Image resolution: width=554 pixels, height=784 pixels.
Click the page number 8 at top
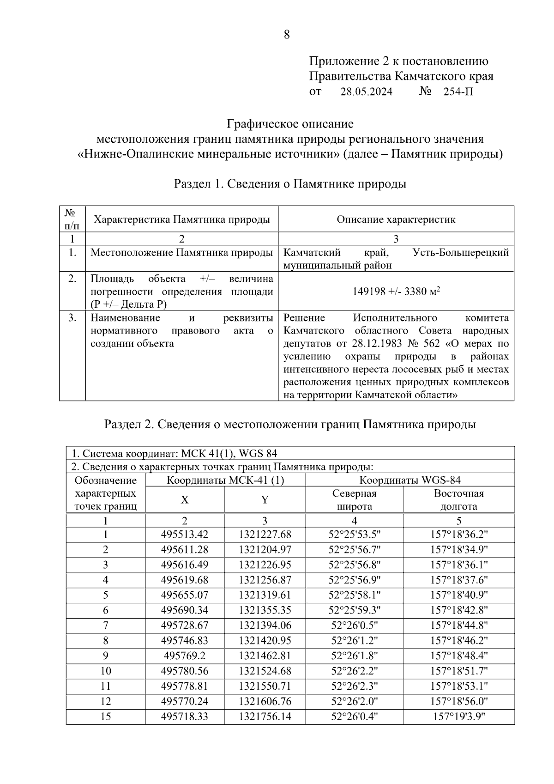(287, 35)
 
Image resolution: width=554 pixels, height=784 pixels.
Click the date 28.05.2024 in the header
(366, 91)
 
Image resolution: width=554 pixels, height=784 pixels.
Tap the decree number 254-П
(458, 91)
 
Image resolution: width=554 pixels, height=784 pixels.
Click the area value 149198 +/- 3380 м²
(396, 292)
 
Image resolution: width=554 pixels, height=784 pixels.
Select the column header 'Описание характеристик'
(396, 219)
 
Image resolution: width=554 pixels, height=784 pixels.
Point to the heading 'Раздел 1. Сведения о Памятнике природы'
(289, 184)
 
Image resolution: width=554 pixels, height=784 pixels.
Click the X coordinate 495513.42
(185, 535)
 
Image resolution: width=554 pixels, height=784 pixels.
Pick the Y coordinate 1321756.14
(265, 717)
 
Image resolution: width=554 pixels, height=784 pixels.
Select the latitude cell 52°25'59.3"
(354, 610)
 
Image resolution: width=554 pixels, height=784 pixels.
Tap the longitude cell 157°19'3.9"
(459, 717)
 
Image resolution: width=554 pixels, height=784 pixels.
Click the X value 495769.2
(185, 656)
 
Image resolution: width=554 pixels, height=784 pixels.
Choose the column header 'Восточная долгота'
(458, 500)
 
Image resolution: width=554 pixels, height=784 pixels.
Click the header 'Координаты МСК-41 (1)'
(225, 480)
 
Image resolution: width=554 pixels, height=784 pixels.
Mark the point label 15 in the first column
(106, 717)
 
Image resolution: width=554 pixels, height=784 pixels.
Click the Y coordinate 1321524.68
(265, 671)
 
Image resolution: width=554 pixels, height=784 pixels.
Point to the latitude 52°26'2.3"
(354, 686)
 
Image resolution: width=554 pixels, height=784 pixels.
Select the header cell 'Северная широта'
(354, 500)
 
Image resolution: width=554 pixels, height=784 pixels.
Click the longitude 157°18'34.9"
(459, 550)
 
